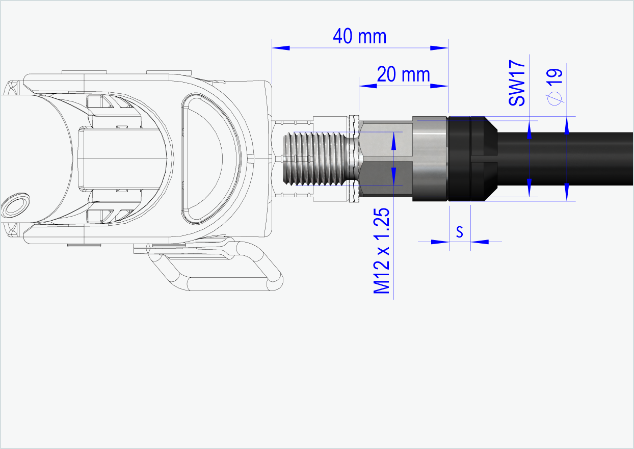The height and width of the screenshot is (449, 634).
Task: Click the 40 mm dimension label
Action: [x=359, y=37]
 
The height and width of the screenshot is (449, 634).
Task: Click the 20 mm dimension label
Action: [x=403, y=75]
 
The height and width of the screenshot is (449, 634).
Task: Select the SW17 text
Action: [x=517, y=83]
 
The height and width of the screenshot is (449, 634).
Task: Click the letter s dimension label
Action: [x=459, y=232]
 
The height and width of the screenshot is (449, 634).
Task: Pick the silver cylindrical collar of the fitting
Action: [x=429, y=159]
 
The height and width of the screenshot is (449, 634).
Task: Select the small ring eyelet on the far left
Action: [x=15, y=206]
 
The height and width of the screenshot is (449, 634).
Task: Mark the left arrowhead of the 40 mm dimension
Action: [x=281, y=48]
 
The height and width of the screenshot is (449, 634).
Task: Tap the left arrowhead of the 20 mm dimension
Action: [x=368, y=86]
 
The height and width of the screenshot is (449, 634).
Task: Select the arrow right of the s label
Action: [x=479, y=242]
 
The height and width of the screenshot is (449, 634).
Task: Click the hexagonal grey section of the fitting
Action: [x=385, y=159]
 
